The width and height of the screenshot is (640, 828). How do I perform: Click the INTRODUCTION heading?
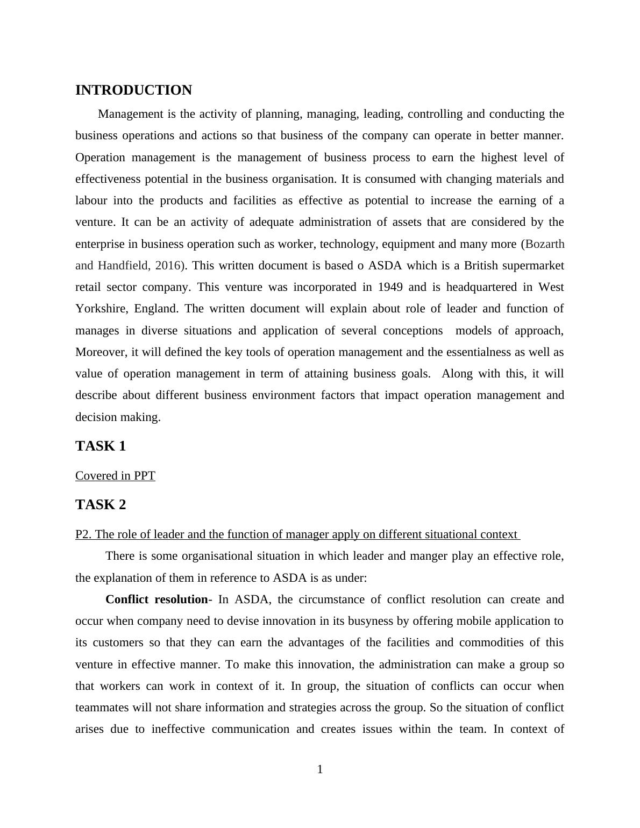(x=133, y=90)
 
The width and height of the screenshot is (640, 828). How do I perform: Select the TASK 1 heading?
(x=101, y=446)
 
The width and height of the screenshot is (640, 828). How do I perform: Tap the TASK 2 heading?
(x=101, y=505)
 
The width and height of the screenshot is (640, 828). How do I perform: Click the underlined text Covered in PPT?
(x=115, y=476)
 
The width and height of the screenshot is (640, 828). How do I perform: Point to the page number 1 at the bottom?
(x=320, y=769)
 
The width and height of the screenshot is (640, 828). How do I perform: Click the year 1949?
(x=390, y=287)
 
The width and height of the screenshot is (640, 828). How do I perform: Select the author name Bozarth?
(x=544, y=244)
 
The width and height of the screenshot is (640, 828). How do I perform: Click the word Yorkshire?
(x=98, y=309)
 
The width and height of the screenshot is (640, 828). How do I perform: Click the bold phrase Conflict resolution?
(x=157, y=599)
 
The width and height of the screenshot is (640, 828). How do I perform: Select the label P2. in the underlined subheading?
(x=83, y=534)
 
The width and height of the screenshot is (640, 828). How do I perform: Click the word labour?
(x=91, y=201)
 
